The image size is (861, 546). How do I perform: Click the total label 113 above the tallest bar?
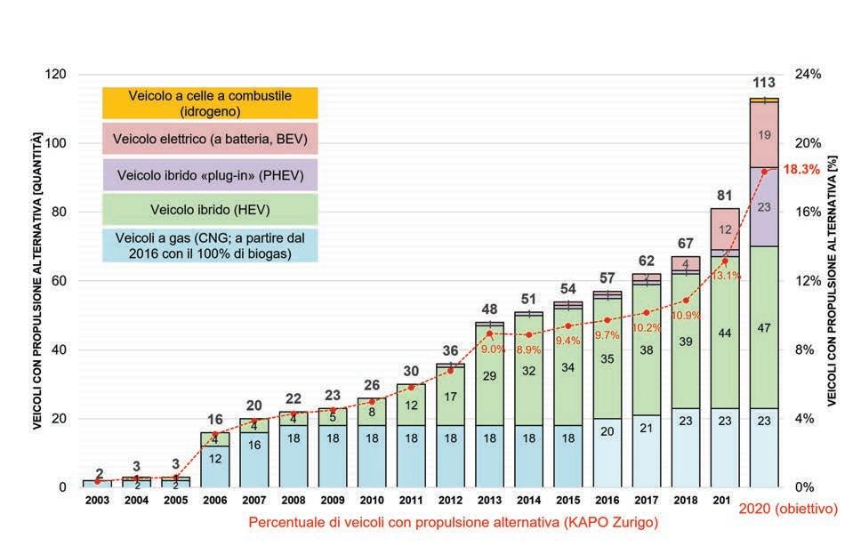click(764, 83)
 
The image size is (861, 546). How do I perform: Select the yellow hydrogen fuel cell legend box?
click(209, 103)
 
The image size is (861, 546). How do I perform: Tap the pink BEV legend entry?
click(209, 139)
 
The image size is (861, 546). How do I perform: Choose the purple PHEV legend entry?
click(209, 176)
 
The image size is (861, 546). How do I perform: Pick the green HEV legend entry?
click(209, 210)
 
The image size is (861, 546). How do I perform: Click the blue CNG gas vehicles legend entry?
click(209, 245)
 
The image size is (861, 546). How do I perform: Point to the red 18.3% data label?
click(801, 169)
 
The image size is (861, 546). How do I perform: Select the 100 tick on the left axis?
click(54, 143)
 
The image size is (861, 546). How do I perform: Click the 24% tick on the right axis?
click(808, 75)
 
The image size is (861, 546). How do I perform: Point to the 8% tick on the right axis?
click(804, 349)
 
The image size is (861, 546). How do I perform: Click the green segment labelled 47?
click(764, 327)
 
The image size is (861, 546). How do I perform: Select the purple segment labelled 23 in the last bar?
click(764, 206)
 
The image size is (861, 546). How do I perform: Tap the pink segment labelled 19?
click(764, 135)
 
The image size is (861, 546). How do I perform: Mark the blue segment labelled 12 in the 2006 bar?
click(214, 458)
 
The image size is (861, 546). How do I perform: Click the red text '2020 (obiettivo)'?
click(788, 509)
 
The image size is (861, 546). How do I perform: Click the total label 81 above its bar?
click(725, 195)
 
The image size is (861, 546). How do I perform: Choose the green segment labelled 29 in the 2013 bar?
click(489, 376)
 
